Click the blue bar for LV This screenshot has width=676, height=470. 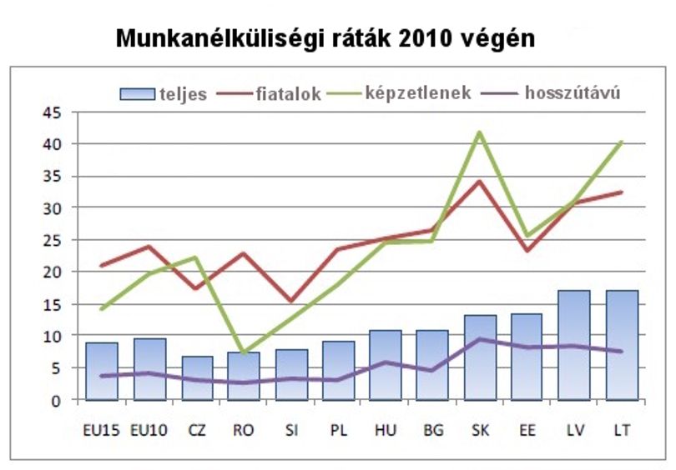574,346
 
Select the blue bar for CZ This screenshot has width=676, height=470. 197,378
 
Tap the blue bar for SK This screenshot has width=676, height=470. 480,357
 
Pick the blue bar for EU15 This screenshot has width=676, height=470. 102,372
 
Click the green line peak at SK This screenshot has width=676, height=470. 479,132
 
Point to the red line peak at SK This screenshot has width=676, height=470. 479,182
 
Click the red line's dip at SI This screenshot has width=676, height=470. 291,301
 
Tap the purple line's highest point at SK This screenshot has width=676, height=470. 479,339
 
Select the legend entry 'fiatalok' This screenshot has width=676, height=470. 269,93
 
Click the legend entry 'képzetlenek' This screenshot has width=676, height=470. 399,93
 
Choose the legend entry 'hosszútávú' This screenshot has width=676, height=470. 551,93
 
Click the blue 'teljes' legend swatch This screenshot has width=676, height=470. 137,94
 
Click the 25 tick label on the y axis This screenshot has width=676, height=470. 53,240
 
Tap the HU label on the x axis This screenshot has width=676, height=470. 386,430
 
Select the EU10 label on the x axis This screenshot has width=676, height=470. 149,430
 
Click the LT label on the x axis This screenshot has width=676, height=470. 622,430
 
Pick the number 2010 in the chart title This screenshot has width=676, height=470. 426,38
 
